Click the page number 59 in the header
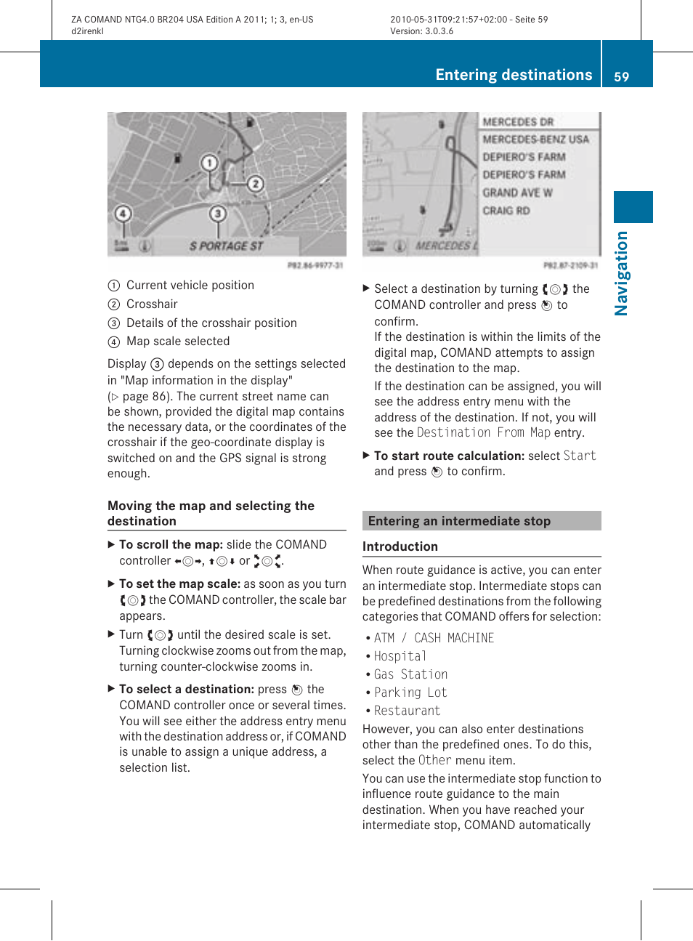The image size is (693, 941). coord(621,76)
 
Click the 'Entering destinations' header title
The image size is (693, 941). coord(514,75)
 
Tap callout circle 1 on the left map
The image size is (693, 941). coord(209,163)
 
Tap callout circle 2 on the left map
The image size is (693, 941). coord(254,183)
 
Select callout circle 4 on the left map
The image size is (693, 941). coord(123,214)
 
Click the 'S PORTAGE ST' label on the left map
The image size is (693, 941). coord(226,246)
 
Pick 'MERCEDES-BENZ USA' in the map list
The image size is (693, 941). coord(536,140)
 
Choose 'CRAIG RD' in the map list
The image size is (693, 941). coord(506,211)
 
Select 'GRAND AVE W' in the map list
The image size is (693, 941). coord(517,193)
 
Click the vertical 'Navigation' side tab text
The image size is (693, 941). coord(621,273)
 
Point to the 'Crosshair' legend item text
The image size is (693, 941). coord(152,304)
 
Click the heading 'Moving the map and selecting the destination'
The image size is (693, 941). coord(211,513)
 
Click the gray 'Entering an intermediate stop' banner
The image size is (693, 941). coord(482,521)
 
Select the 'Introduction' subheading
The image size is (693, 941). coord(400,546)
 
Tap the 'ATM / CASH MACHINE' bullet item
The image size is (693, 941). coord(434,638)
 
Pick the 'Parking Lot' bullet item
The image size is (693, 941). coord(410,692)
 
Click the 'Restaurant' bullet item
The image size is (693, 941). coord(407,711)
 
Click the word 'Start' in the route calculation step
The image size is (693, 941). coord(580,456)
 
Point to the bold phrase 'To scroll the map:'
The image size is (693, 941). coord(171,544)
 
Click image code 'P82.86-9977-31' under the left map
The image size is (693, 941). coord(315,266)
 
